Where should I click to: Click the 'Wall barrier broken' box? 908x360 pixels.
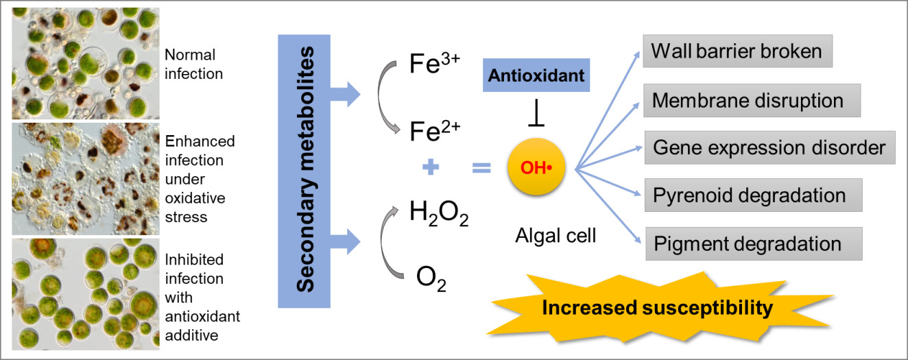[x=738, y=51]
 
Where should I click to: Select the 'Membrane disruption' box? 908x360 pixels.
[x=752, y=100]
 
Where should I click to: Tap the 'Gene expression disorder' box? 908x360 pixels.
[x=769, y=147]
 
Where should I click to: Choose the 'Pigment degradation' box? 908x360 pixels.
[x=753, y=243]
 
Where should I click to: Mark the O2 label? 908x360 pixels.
[x=431, y=279]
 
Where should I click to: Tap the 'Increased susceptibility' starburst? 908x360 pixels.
[x=656, y=308]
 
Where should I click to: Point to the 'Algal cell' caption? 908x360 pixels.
[x=555, y=237]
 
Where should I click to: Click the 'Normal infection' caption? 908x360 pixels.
[x=194, y=64]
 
